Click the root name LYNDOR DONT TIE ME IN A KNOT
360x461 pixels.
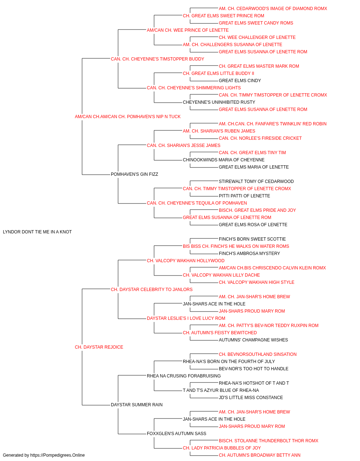(37, 232)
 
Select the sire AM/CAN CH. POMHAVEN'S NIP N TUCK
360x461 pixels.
(128, 117)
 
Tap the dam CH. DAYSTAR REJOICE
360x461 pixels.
(99, 347)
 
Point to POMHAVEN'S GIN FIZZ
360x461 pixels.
(134, 174)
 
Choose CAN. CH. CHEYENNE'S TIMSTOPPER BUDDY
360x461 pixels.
(157, 59)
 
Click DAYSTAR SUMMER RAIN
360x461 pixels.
(137, 405)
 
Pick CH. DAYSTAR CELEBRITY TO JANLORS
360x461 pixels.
(152, 290)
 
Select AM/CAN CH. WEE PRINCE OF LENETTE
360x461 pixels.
(188, 30)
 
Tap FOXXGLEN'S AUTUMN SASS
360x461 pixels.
(176, 434)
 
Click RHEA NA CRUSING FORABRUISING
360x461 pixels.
(184, 376)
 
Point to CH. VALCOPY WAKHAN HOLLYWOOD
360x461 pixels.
(185, 261)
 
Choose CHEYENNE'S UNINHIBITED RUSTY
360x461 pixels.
(219, 102)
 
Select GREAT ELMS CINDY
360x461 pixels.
(240, 81)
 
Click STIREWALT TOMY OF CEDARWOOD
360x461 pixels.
(256, 182)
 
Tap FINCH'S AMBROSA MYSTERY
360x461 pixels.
(249, 254)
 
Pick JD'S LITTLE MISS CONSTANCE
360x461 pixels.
(251, 398)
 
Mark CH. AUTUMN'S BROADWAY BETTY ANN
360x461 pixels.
(260, 455)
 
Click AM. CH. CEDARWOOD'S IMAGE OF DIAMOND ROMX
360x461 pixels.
(273, 9)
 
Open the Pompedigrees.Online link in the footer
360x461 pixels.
(57, 455)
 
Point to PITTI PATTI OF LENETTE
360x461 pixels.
(244, 196)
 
